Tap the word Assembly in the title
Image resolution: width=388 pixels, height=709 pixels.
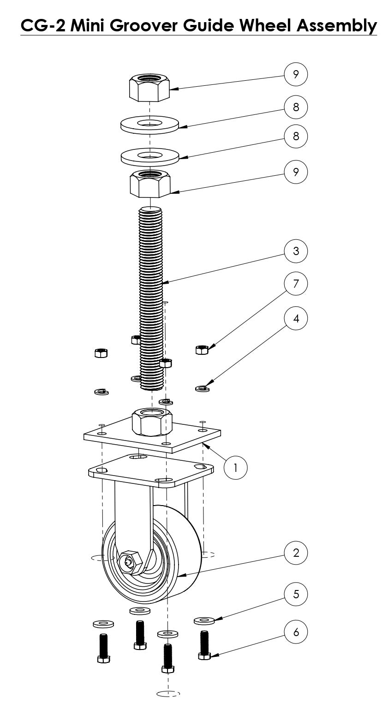click(x=337, y=25)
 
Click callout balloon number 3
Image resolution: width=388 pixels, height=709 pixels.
click(x=296, y=251)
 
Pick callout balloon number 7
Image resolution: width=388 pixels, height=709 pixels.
click(x=296, y=284)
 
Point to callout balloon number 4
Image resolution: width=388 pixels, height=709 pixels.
click(x=296, y=318)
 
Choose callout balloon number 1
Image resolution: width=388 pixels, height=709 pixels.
click(x=235, y=468)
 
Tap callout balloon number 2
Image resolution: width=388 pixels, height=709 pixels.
click(x=296, y=553)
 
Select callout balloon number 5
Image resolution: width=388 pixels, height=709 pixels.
click(x=296, y=594)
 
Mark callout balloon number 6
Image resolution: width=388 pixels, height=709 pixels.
click(x=296, y=632)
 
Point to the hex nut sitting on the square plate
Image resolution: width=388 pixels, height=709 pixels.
click(x=152, y=421)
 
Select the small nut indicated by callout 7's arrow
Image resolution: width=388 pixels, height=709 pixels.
click(x=202, y=350)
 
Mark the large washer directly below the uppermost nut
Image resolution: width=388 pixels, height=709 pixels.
click(x=150, y=124)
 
